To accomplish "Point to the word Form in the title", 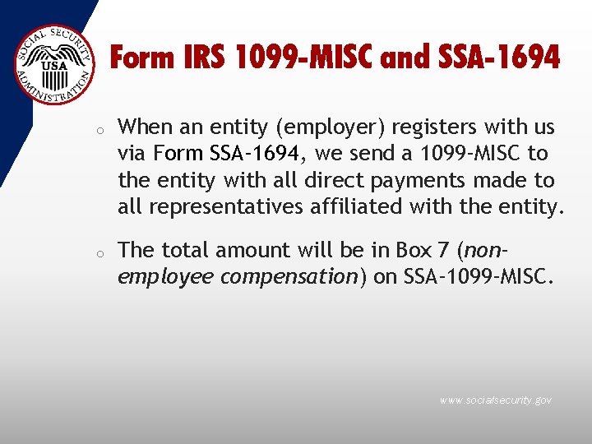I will click(141, 58).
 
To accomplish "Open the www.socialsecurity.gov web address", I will click(495, 400).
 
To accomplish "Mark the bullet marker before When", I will click(97, 130).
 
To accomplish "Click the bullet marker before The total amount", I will click(97, 252).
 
